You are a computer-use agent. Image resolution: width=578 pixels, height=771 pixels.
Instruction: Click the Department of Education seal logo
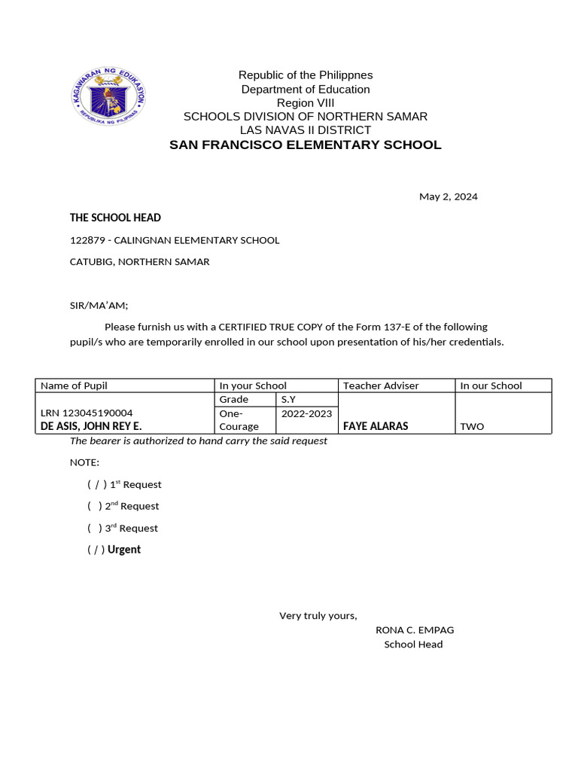click(x=108, y=97)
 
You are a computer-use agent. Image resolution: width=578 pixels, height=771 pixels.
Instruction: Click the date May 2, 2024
click(x=448, y=197)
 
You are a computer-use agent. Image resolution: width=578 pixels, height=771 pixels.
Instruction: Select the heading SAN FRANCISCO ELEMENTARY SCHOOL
click(x=305, y=145)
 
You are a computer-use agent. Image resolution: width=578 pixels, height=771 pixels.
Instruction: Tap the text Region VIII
click(x=305, y=103)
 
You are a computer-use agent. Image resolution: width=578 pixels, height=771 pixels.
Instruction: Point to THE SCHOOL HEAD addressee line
click(x=115, y=218)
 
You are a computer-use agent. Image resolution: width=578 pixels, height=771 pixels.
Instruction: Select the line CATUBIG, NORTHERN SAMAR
click(x=139, y=262)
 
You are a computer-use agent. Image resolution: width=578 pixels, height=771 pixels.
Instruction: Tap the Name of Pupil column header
click(x=74, y=385)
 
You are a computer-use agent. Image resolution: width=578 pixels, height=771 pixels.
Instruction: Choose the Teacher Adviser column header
click(x=381, y=385)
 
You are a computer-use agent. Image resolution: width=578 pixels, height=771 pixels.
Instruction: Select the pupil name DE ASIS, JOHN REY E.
click(x=90, y=426)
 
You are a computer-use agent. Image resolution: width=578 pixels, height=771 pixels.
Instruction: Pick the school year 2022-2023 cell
click(x=307, y=413)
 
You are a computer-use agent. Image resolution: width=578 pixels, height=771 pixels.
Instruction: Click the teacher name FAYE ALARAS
click(x=376, y=426)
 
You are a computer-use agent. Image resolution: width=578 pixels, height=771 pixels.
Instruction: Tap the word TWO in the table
click(x=472, y=426)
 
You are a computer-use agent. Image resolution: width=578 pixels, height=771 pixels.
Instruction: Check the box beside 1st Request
click(x=96, y=485)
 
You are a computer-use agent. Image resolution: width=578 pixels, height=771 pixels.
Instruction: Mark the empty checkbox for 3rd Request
click(x=95, y=529)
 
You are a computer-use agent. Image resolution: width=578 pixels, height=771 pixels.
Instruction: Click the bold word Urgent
click(x=124, y=550)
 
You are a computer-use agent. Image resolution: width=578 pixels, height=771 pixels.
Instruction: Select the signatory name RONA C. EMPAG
click(x=415, y=630)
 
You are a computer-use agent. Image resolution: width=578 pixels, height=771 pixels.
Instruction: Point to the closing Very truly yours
click(x=318, y=616)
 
